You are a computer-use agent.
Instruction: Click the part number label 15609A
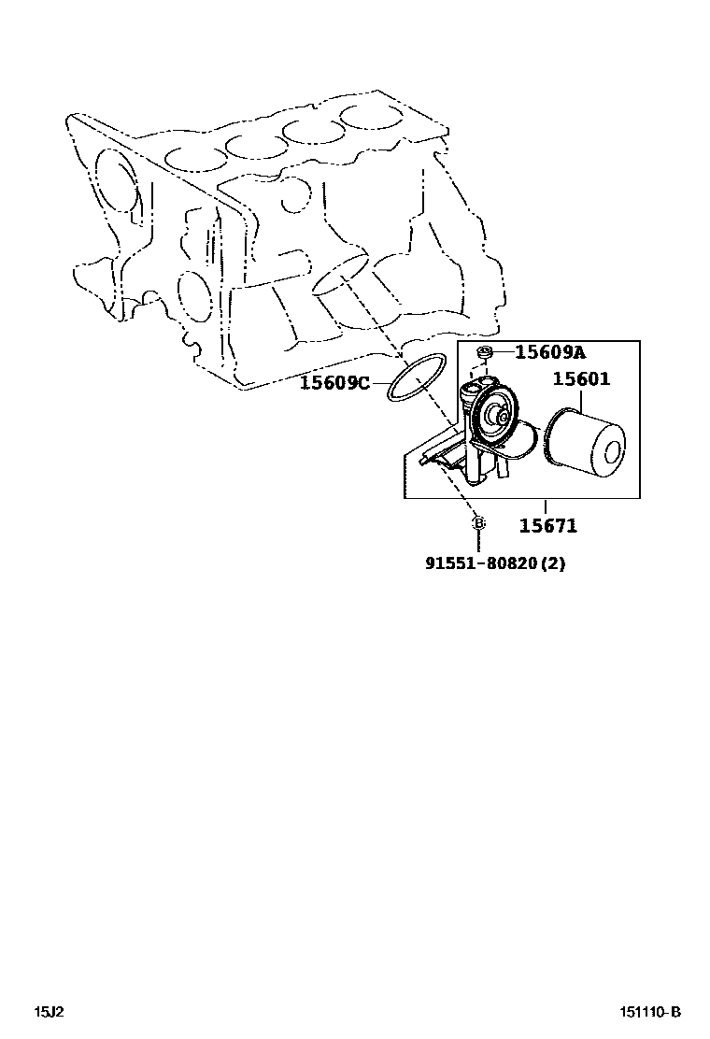click(x=550, y=352)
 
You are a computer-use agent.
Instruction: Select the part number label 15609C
click(x=334, y=382)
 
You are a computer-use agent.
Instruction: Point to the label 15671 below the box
click(x=547, y=526)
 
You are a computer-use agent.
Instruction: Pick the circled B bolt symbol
click(x=477, y=523)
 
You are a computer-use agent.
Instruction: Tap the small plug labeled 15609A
click(x=485, y=353)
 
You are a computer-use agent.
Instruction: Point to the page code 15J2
click(x=49, y=1011)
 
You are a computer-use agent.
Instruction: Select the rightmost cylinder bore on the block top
click(x=367, y=117)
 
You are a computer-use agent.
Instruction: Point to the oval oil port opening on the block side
click(x=338, y=273)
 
